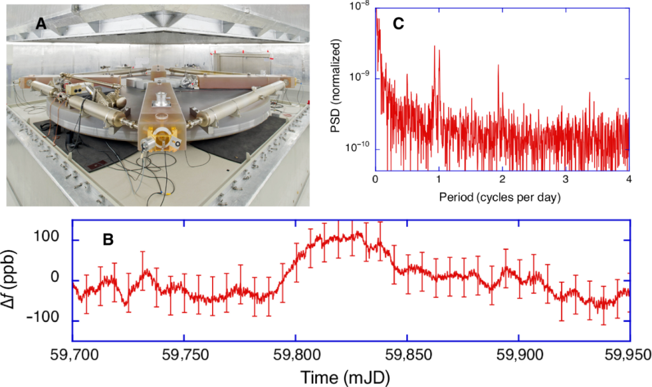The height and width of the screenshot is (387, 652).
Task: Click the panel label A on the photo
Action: tap(41, 24)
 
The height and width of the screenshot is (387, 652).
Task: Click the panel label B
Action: tap(108, 240)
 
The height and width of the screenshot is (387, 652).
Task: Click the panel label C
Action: tap(399, 24)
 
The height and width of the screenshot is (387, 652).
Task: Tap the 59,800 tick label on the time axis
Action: tap(295, 355)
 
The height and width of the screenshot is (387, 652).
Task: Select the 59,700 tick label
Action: tap(73, 355)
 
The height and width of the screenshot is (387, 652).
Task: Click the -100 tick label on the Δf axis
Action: tap(43, 318)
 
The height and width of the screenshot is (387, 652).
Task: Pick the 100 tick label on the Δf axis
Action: tap(47, 237)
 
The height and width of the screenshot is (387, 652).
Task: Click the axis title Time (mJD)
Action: tap(345, 377)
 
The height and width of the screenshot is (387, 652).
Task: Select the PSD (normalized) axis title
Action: tap(336, 86)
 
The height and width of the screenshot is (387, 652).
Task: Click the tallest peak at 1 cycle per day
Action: tap(435, 47)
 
